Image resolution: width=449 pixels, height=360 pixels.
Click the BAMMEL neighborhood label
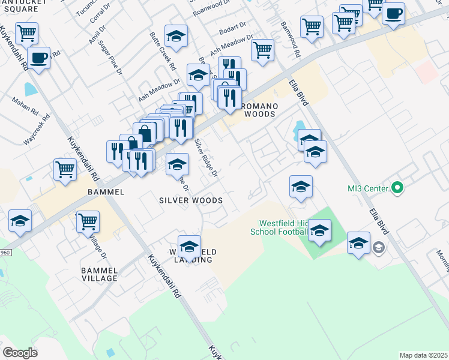pyautogui.click(x=106, y=192)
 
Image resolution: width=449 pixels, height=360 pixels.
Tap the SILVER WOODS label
pyautogui.click(x=191, y=200)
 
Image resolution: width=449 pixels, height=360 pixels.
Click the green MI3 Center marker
pyautogui.click(x=397, y=188)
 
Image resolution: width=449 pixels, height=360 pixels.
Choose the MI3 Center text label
pyautogui.click(x=368, y=188)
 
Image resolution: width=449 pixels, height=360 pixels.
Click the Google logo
pyautogui.click(x=20, y=352)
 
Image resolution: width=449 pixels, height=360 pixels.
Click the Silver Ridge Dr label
pyautogui.click(x=206, y=158)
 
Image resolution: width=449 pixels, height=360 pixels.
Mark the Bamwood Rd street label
pyautogui.click(x=290, y=40)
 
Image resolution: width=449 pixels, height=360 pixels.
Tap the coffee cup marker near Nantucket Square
pyautogui.click(x=39, y=58)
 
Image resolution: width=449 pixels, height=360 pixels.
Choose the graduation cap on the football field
pyautogui.click(x=320, y=230)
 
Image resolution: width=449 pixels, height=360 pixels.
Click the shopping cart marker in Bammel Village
pyautogui.click(x=88, y=222)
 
